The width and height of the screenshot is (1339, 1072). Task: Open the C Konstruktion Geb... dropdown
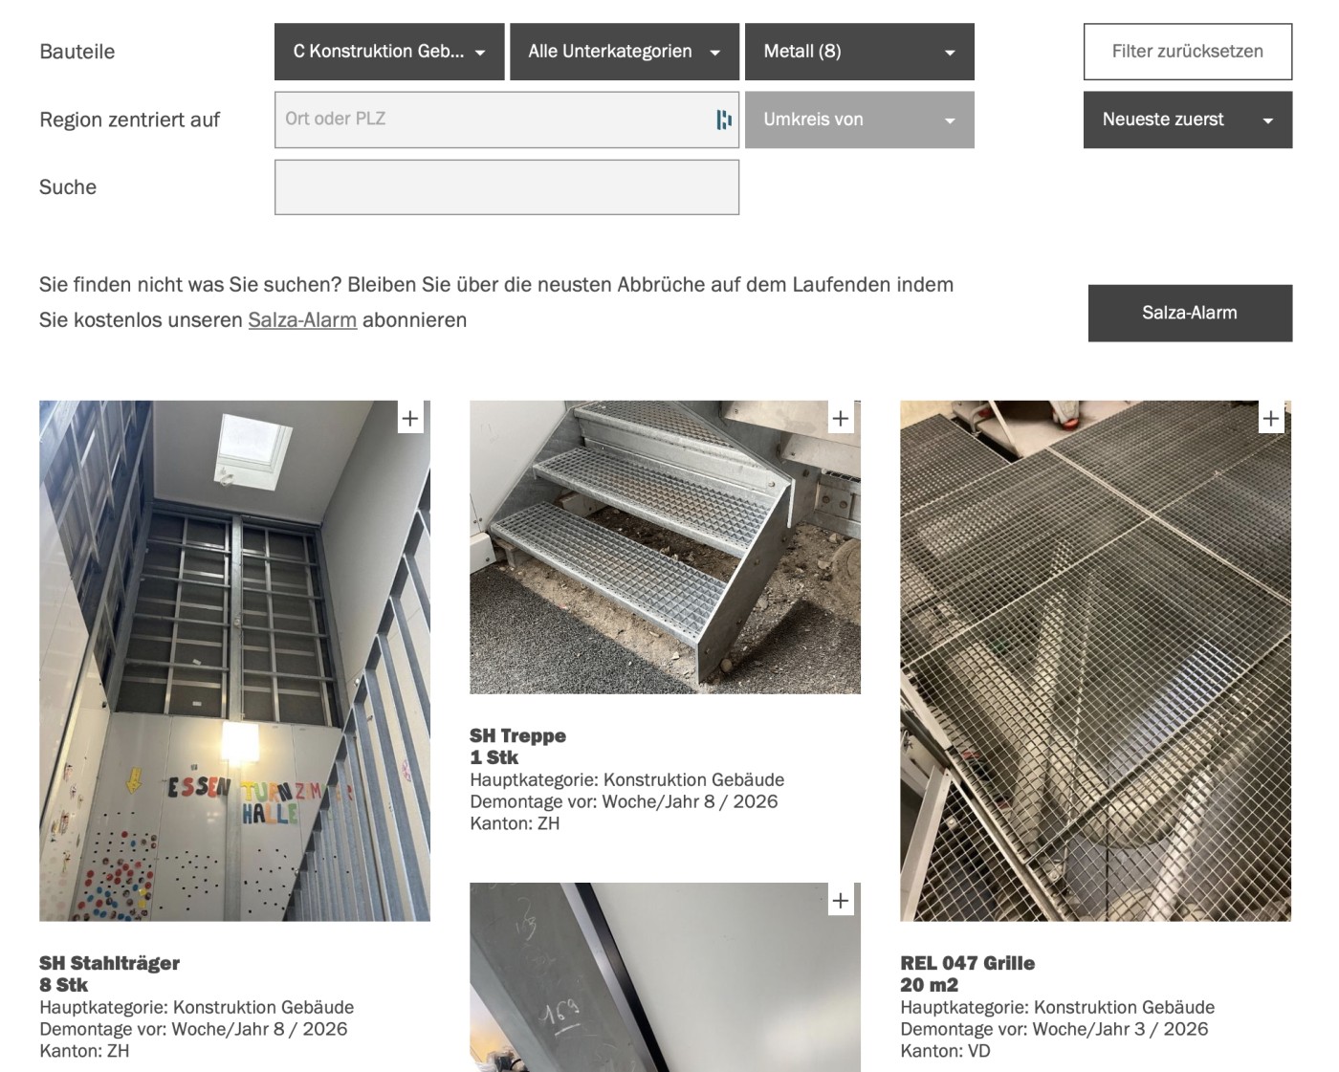click(x=389, y=52)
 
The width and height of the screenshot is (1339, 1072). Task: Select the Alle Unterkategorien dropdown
click(x=625, y=52)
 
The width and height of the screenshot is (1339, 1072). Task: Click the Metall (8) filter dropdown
click(x=859, y=52)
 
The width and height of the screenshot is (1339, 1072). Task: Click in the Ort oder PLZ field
click(x=507, y=120)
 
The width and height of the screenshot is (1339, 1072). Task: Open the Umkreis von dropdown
click(x=859, y=120)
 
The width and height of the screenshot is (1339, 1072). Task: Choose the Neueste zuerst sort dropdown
click(x=1187, y=120)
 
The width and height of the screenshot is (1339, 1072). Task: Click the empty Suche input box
click(x=507, y=187)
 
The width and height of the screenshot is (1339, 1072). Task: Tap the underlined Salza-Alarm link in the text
click(x=302, y=320)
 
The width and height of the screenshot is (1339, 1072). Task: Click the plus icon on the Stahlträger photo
click(x=410, y=419)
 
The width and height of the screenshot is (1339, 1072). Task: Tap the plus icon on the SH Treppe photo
click(x=841, y=419)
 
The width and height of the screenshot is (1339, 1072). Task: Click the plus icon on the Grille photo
click(x=1271, y=419)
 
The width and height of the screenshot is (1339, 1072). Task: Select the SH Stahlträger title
click(x=109, y=963)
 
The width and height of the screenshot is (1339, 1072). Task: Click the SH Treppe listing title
click(x=517, y=735)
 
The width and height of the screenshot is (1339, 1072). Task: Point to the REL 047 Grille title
click(x=968, y=963)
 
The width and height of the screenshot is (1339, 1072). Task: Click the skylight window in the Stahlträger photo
click(x=253, y=450)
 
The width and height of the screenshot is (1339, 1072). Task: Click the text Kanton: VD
click(x=945, y=1051)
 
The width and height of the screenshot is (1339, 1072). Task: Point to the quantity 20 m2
click(x=929, y=985)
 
